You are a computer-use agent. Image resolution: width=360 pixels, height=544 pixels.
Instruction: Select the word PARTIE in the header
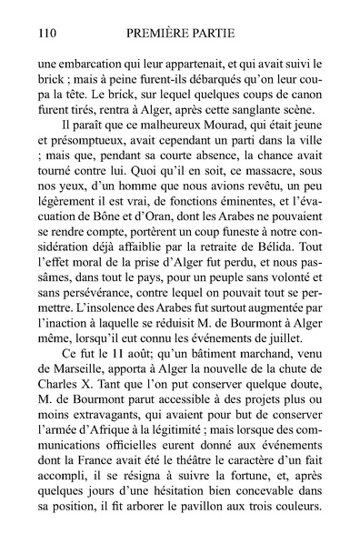click(224, 35)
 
